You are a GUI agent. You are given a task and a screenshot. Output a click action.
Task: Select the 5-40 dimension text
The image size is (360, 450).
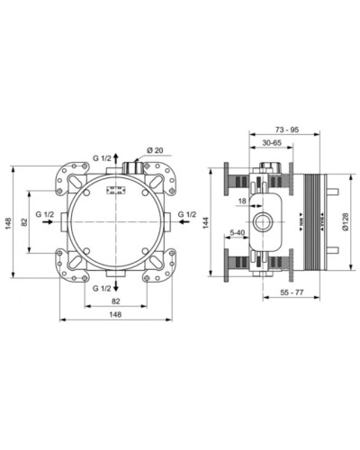tap(238, 233)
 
